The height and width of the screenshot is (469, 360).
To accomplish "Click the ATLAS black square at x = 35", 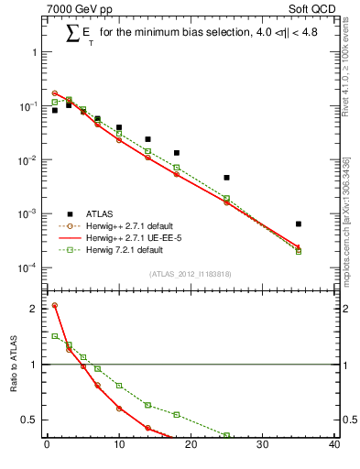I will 299,224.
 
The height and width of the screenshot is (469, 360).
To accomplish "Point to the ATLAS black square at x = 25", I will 226,177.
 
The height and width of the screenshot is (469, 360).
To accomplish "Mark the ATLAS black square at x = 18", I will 177,152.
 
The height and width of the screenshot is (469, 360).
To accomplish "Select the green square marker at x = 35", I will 299,251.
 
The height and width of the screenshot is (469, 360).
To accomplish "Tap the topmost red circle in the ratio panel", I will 55,305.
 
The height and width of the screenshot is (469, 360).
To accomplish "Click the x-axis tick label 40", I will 334,446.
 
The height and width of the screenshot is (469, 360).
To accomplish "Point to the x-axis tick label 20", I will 191,446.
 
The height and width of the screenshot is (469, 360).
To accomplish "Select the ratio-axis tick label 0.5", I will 30,420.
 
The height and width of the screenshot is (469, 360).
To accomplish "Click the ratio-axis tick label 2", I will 34,309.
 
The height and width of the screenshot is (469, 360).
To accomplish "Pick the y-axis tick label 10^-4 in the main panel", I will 27,267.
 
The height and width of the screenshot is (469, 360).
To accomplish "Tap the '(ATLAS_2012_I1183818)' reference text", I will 191,274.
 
